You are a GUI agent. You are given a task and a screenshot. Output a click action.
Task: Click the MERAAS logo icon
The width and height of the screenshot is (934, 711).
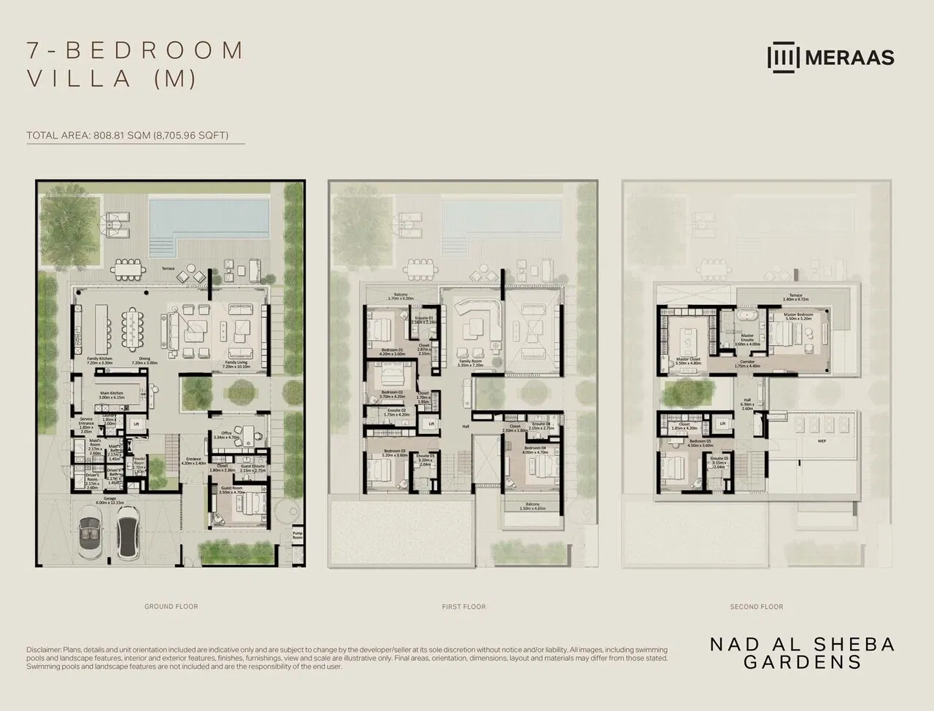coord(784,58)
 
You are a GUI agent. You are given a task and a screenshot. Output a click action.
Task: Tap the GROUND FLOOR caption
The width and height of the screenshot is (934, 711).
coord(171,606)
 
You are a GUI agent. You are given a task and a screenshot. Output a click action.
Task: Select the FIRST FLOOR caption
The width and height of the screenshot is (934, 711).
coord(463,606)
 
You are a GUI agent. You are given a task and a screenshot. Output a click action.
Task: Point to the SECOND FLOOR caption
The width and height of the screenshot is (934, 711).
coord(756,606)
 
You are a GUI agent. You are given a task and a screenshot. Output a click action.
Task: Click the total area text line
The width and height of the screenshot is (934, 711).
coord(128,135)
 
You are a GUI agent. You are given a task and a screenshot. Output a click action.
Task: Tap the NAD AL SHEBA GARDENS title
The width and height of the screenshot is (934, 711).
coord(803,653)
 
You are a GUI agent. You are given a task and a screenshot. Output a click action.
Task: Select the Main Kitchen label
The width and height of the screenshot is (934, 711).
coord(112,395)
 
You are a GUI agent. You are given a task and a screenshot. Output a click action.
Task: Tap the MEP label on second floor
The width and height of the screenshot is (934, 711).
coord(811,441)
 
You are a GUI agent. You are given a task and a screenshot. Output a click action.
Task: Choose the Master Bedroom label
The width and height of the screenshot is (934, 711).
coord(798,316)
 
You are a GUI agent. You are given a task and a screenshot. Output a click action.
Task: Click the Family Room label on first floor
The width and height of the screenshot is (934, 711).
coord(470,362)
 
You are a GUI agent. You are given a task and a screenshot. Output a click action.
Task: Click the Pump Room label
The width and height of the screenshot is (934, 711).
coord(297,535)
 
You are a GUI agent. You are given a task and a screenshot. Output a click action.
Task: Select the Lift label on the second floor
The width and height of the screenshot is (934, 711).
coord(722,424)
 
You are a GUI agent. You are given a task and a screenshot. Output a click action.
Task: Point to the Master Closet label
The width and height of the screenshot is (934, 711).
coord(688,360)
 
